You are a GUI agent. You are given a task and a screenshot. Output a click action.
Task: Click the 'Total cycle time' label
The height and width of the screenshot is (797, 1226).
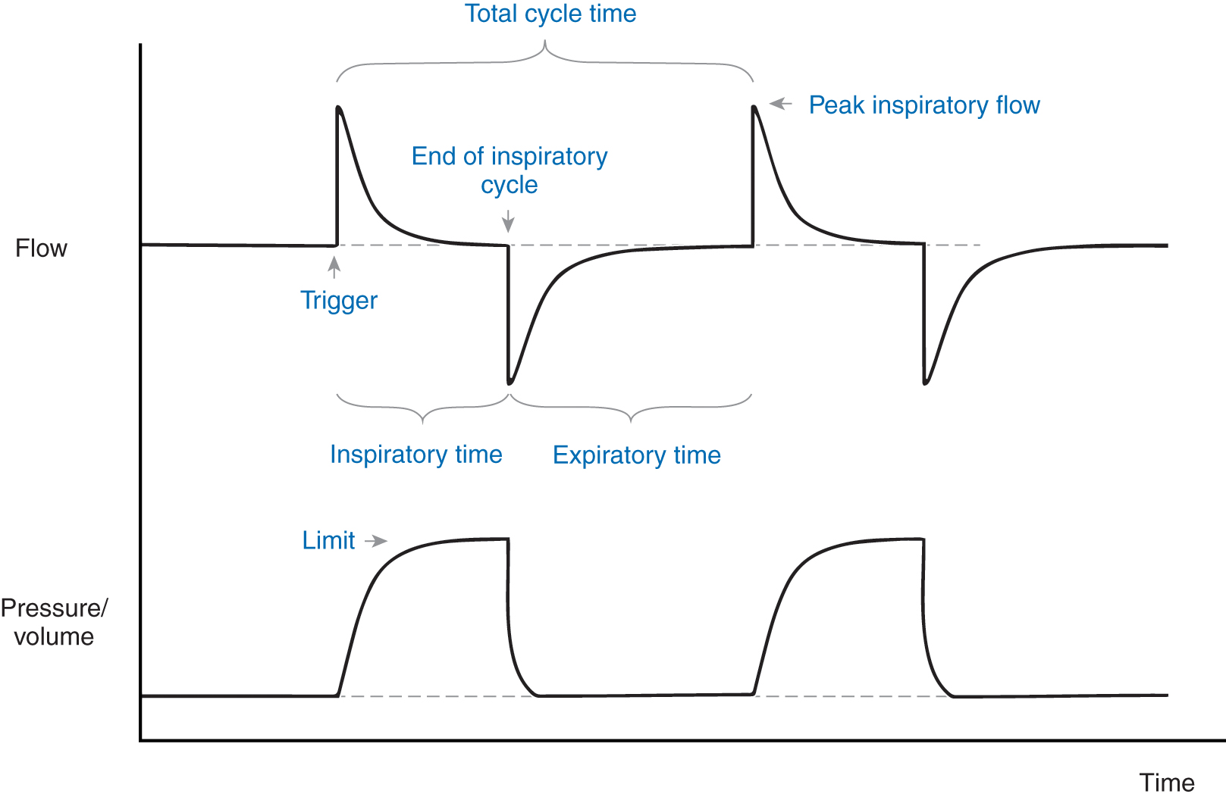550,14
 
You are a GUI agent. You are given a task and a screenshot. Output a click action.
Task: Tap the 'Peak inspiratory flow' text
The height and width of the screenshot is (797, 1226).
924,105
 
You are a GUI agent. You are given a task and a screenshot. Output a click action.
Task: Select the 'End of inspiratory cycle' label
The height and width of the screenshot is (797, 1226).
510,170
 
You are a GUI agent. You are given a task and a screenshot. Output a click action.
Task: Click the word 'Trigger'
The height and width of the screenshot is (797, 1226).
338,301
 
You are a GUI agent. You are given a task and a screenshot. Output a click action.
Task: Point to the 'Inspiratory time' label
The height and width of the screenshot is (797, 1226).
415,455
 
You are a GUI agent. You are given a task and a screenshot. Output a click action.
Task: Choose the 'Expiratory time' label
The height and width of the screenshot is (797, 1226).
636,455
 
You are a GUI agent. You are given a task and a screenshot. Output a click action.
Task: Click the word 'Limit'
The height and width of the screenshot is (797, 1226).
328,541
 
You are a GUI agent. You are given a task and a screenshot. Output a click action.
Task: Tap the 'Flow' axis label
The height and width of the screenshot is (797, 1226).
41,248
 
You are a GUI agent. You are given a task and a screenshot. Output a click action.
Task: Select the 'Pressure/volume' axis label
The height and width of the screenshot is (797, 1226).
54,622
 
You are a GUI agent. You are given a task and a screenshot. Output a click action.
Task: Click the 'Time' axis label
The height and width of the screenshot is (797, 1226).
1166,783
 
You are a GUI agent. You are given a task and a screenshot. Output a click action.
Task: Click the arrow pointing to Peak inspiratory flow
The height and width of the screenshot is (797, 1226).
781,104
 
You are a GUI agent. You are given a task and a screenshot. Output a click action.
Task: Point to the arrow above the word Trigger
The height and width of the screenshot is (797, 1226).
334,267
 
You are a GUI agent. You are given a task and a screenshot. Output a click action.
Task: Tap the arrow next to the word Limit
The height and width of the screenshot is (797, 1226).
376,541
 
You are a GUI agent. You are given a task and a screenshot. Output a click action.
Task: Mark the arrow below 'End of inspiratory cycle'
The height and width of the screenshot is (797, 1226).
508,220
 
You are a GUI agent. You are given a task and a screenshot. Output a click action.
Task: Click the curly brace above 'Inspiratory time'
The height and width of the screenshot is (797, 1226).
422,409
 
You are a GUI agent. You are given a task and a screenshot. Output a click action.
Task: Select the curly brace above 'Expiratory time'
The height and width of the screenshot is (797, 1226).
631,409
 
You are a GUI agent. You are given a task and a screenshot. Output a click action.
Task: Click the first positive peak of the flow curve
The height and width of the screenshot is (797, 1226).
338,108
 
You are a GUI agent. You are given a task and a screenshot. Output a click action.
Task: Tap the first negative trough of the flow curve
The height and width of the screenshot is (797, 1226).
510,383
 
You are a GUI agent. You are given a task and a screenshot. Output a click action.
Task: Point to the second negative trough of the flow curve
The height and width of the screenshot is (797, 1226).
925,383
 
